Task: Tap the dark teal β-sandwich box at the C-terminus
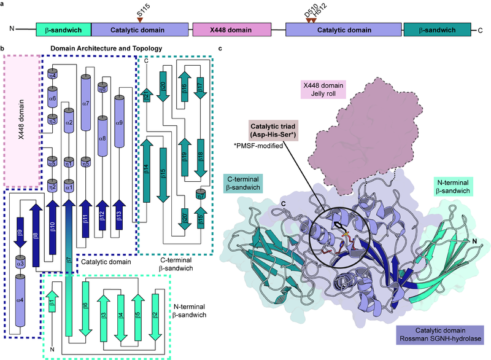[x=437, y=28]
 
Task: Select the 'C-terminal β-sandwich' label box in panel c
[x=251, y=182]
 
